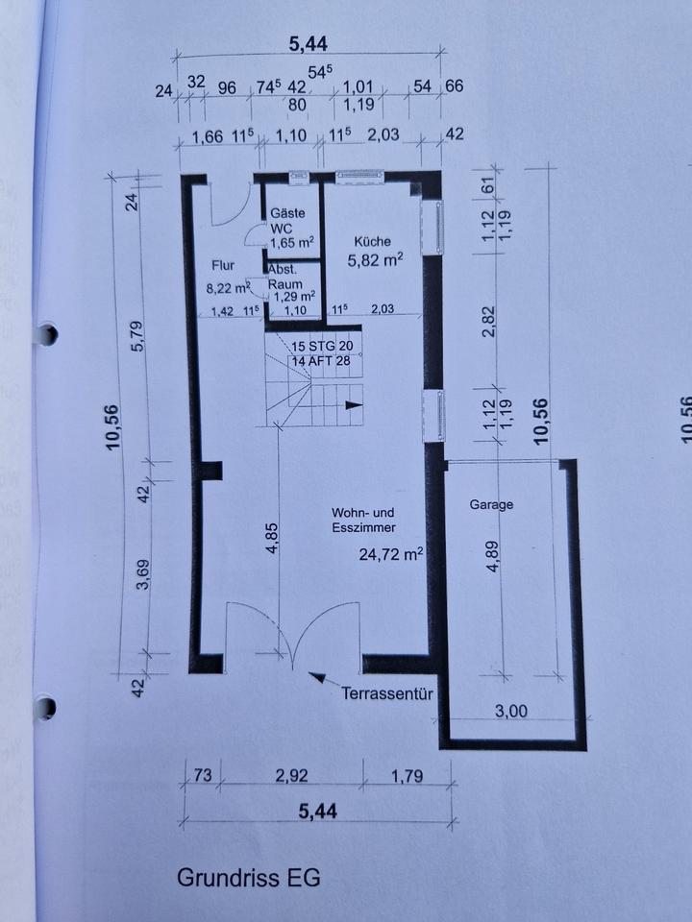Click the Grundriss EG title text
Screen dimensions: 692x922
(248, 878)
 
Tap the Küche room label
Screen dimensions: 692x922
(373, 241)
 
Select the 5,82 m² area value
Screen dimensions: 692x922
(375, 260)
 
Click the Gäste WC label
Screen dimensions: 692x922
(287, 221)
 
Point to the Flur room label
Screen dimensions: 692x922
(223, 266)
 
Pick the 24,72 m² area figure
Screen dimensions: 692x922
(391, 554)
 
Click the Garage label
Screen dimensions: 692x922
(491, 504)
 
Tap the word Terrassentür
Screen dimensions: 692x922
(387, 693)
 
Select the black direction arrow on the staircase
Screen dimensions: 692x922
(354, 404)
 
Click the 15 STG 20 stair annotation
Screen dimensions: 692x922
(322, 347)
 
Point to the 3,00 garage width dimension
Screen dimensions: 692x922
(510, 711)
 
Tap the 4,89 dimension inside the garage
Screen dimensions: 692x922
(493, 556)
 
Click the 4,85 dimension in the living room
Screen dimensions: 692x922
(272, 538)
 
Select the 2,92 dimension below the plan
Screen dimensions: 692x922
(292, 776)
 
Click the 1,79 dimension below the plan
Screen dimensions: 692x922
(408, 776)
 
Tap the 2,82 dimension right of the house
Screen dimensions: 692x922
(488, 321)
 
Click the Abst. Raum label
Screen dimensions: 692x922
(284, 277)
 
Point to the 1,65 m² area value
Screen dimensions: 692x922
(292, 243)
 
